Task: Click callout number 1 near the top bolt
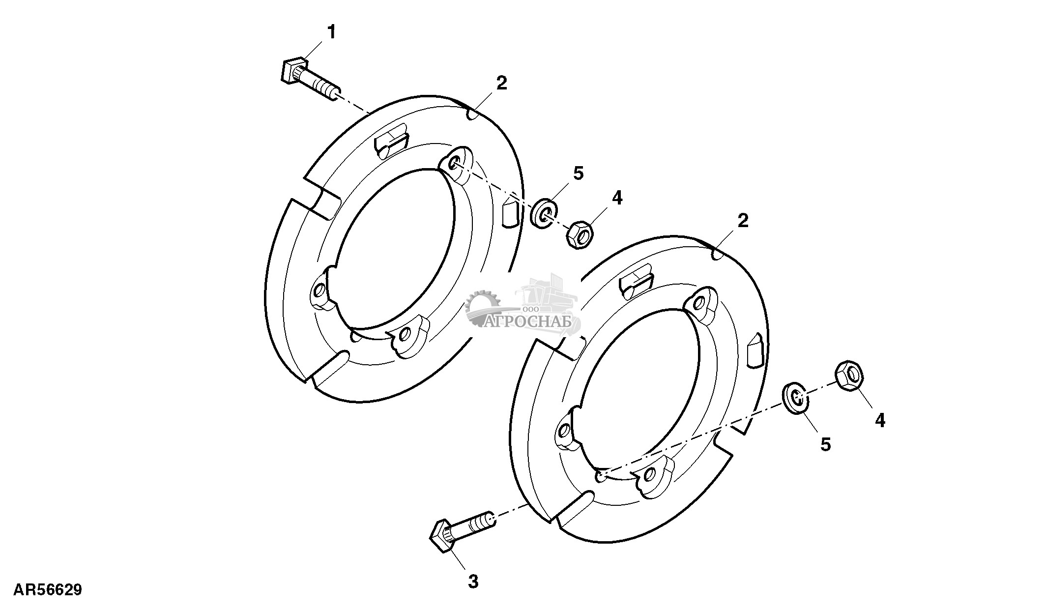pos(332,32)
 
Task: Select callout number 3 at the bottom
pos(473,582)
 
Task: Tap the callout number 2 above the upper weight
pos(501,83)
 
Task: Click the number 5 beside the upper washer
pos(578,173)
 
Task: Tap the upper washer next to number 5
pos(545,212)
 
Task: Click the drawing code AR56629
pos(47,589)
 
